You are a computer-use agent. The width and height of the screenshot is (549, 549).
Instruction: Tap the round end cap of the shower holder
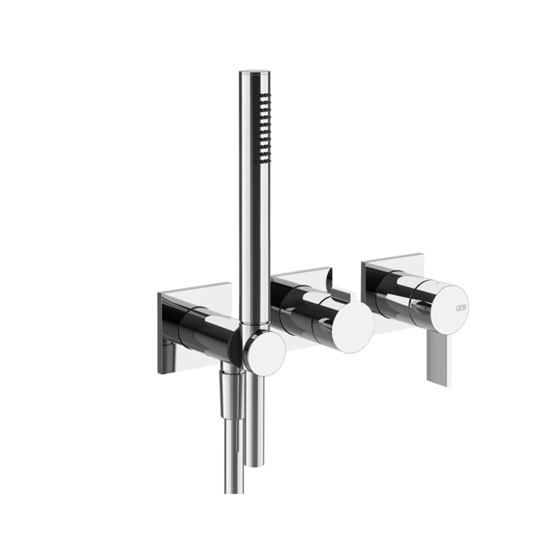point(264,352)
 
